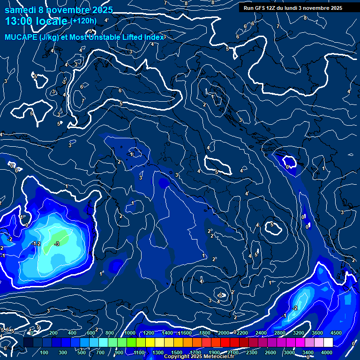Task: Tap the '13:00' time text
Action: point(18,21)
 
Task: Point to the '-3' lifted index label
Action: point(57,244)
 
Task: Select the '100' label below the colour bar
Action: point(44,352)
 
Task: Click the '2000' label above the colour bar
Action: point(223,333)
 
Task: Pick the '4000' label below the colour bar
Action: point(327,352)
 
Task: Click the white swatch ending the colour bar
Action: point(328,343)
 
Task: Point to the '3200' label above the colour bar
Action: point(299,333)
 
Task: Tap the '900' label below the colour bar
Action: point(120,352)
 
